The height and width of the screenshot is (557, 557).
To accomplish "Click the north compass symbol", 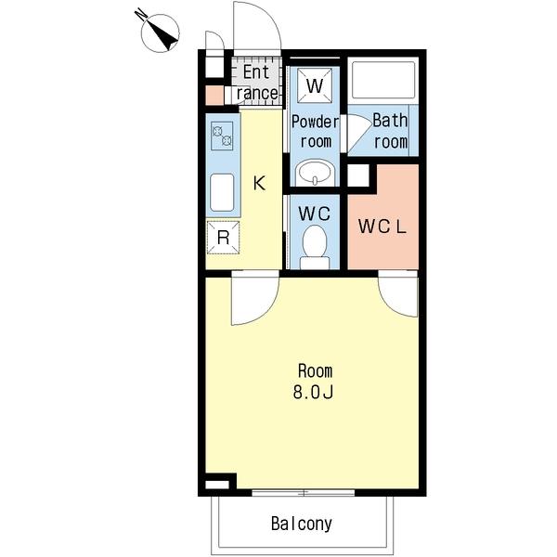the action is (161, 33).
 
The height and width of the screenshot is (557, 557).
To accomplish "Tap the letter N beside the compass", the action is (141, 15).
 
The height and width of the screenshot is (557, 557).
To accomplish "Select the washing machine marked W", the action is (315, 85).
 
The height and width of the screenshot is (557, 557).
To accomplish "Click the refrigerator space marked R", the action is (223, 238).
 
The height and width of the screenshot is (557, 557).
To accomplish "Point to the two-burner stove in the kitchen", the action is (222, 136).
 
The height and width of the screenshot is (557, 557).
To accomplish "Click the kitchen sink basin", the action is (222, 192).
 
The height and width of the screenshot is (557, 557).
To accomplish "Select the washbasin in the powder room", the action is (315, 173).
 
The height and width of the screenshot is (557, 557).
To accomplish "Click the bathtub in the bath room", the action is (383, 80).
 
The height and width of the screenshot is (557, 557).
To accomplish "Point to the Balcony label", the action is (302, 524).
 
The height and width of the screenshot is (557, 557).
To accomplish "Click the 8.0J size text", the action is (313, 392).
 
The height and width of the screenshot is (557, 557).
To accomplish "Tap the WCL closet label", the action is (382, 227).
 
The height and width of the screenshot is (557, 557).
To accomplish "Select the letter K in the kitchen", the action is (259, 183).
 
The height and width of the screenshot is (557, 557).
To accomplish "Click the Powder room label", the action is (315, 132).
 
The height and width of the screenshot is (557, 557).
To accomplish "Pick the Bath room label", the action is (391, 131).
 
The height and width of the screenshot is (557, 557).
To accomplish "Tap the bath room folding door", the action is (359, 133).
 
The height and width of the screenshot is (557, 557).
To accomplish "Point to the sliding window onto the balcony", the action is (304, 493).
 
